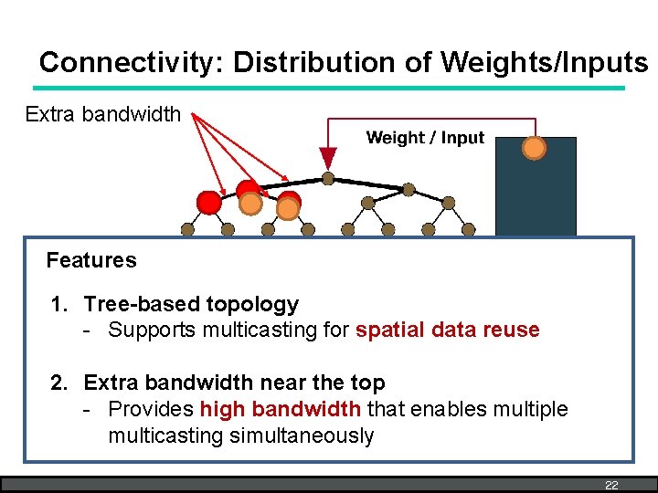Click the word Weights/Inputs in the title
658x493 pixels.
click(544, 62)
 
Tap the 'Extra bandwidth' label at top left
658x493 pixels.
click(103, 114)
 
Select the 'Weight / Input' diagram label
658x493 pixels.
click(425, 138)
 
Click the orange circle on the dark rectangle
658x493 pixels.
click(534, 148)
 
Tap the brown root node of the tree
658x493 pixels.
click(328, 178)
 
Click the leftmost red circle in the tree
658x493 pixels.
click(209, 202)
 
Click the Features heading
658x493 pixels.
click(91, 260)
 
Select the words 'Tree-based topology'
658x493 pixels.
click(191, 304)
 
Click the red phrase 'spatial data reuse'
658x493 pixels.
click(448, 330)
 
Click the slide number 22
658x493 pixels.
click(611, 485)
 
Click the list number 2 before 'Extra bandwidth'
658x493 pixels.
click(58, 383)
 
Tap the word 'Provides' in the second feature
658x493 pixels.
click(151, 410)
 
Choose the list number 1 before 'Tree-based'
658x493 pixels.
click(58, 304)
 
